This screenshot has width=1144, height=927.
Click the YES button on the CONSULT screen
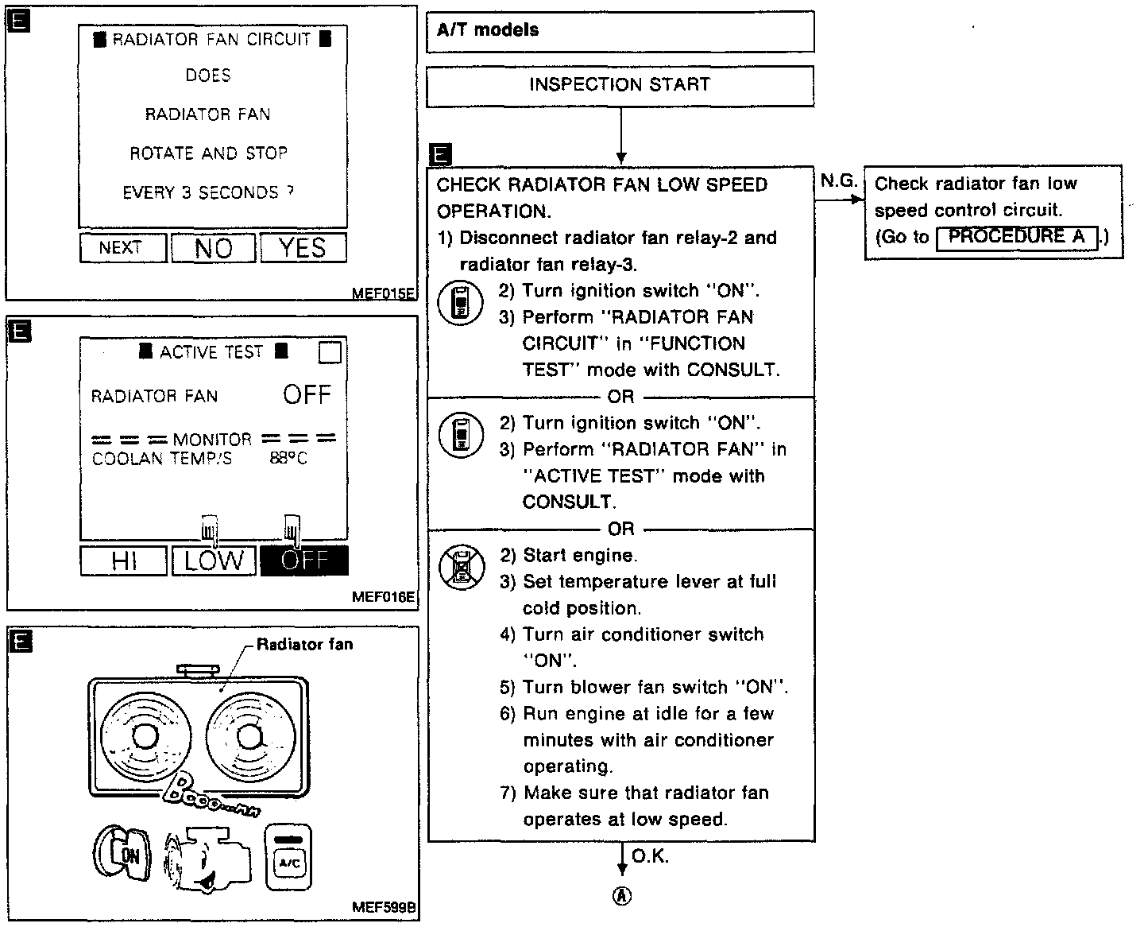click(x=303, y=248)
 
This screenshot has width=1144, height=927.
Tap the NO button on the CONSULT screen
click(x=214, y=248)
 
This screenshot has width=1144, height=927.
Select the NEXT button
click(x=122, y=248)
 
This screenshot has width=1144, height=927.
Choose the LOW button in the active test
click(x=214, y=560)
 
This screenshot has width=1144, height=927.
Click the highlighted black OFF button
click(x=304, y=560)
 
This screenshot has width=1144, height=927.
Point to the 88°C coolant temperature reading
click(x=288, y=459)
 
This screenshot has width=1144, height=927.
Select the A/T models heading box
click(x=620, y=32)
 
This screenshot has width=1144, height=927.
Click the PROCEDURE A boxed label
click(x=1017, y=237)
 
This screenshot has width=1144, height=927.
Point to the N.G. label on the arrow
click(x=837, y=181)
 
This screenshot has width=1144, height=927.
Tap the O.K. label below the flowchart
click(x=650, y=856)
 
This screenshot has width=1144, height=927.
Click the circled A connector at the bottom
click(x=622, y=896)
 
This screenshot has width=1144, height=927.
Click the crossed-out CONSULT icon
click(x=461, y=567)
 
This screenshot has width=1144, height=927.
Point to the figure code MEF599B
click(x=385, y=907)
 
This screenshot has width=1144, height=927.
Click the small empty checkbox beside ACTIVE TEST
click(x=330, y=352)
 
